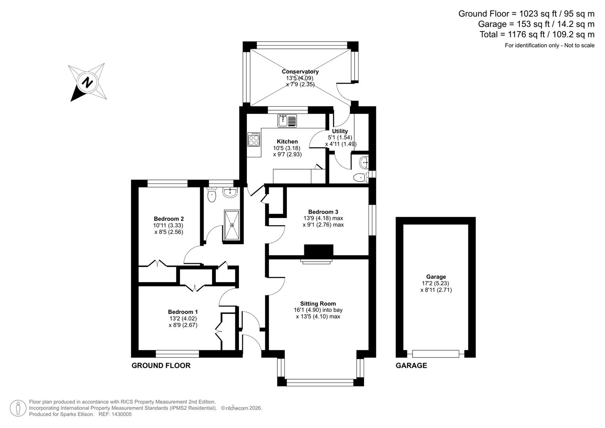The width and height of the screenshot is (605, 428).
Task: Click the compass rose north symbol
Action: click(87, 82)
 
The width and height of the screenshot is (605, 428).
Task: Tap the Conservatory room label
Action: click(300, 72)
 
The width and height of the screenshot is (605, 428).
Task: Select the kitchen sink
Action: click(287, 120)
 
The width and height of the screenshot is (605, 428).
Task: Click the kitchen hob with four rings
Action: click(254, 139)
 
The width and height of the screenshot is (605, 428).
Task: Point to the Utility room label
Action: click(340, 131)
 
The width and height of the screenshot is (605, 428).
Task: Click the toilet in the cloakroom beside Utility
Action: click(360, 177)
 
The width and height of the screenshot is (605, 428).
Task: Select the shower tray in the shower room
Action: click(232, 225)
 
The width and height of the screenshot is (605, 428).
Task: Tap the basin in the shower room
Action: click(230, 193)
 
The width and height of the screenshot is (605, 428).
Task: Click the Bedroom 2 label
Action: click(169, 219)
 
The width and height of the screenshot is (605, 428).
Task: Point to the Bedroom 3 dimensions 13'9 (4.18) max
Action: click(323, 218)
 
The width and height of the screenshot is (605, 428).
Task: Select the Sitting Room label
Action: click(318, 304)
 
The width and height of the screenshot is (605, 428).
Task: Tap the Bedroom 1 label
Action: click(183, 312)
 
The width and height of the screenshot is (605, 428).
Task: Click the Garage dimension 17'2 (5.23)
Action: click(436, 283)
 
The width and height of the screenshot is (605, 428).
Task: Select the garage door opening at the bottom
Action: click(435, 353)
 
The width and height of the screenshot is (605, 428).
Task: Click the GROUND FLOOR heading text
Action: click(161, 365)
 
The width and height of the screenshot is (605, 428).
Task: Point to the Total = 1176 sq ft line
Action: click(537, 34)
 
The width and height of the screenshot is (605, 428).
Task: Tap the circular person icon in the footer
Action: click(18, 408)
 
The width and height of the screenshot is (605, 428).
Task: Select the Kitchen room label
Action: click(287, 141)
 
